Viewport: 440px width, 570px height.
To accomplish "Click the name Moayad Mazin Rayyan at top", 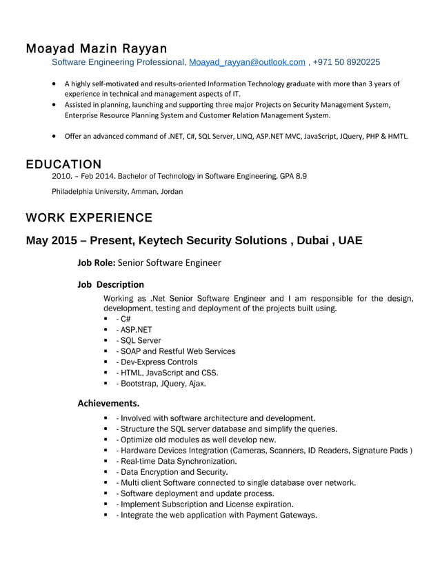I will (96, 49).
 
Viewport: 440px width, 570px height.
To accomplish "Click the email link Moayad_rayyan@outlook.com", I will (247, 62).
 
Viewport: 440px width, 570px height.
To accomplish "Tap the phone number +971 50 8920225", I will (346, 62).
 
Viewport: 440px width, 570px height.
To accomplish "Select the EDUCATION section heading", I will (63, 164).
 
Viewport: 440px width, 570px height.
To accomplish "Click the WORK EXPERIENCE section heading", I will (89, 218).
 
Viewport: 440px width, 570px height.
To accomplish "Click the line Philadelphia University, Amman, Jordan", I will (118, 191).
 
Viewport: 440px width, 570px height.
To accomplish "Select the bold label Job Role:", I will (97, 262).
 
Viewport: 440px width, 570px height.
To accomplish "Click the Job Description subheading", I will (110, 284).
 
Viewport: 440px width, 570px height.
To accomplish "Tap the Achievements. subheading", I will (108, 402).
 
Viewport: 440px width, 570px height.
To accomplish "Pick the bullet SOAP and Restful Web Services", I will (178, 351).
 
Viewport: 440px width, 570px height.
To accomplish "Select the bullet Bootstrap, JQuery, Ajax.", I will (163, 384).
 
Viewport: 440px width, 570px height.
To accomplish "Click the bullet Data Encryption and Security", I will (173, 472).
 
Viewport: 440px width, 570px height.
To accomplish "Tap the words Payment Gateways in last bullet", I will (280, 515).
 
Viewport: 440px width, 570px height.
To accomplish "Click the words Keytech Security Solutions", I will (213, 241).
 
